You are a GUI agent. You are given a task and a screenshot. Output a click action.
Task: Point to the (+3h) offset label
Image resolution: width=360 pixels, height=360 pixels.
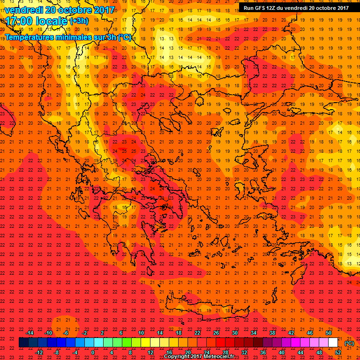pyautogui.click(x=78, y=21)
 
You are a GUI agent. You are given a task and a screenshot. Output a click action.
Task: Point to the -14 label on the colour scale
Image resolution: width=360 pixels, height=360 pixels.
pyautogui.click(x=30, y=333)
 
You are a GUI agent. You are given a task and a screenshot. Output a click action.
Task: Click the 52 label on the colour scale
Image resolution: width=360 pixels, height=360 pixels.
pyautogui.click(x=338, y=352)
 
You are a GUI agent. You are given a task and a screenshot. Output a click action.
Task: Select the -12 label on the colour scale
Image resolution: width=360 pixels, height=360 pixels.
pyautogui.click(x=39, y=352)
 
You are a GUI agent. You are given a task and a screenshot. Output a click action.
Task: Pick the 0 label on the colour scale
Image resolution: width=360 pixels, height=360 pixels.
pyautogui.click(x=93, y=352)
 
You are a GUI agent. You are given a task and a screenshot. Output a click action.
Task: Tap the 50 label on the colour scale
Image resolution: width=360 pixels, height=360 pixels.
pyautogui.click(x=329, y=333)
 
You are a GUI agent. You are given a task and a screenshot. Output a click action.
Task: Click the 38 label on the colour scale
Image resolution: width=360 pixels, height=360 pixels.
pyautogui.click(x=272, y=333)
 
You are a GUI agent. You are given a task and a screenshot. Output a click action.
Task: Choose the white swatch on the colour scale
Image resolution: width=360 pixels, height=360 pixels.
pyautogui.click(x=333, y=343)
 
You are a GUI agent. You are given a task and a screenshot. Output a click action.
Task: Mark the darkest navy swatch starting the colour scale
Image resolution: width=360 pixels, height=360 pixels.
pyautogui.click(x=23, y=343)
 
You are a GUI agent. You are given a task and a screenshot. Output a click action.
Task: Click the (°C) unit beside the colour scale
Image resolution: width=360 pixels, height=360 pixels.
pyautogui.click(x=349, y=343)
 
